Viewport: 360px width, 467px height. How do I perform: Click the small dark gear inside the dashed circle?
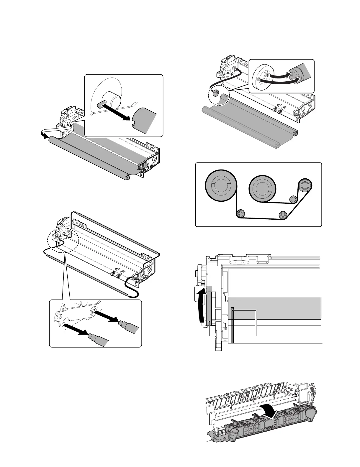pyautogui.click(x=216, y=93)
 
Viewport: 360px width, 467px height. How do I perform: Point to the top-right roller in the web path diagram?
pyautogui.click(x=305, y=186)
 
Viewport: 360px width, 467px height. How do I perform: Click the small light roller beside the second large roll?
pyautogui.click(x=293, y=200)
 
